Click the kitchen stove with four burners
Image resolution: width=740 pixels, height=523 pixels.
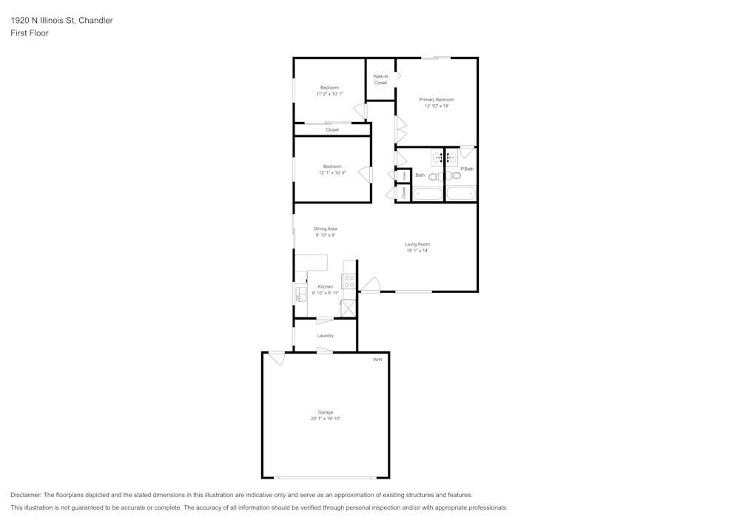(x=349, y=281)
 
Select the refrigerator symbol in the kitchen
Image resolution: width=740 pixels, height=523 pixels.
(x=349, y=308)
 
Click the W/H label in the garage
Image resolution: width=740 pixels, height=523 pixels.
(x=377, y=360)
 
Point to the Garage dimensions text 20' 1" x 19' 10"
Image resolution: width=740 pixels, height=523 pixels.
(x=326, y=419)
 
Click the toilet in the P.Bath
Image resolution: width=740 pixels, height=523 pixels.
(x=453, y=175)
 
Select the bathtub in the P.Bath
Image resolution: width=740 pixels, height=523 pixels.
(x=461, y=194)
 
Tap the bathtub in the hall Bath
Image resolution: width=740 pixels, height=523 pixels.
(x=427, y=194)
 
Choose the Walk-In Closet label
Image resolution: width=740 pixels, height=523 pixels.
(x=380, y=79)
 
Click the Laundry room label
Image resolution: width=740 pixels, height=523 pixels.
(x=326, y=336)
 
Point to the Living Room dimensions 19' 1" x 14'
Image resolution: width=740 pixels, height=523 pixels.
(x=417, y=251)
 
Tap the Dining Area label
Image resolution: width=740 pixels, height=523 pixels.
(x=326, y=229)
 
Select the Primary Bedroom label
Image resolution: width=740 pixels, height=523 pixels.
(x=437, y=100)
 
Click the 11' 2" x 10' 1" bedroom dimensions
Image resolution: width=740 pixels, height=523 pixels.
(x=329, y=94)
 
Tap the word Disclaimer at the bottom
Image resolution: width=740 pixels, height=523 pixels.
(x=26, y=495)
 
